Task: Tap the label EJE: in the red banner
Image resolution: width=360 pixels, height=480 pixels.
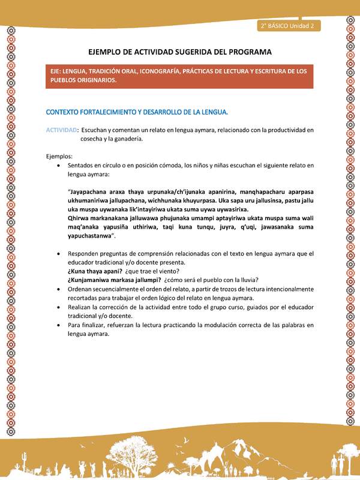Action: tap(58, 71)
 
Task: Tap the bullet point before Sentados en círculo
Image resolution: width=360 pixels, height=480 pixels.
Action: tap(58, 164)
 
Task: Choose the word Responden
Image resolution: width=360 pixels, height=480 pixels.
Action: tap(85, 253)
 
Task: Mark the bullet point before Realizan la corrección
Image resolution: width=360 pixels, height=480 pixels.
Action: tap(58, 307)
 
